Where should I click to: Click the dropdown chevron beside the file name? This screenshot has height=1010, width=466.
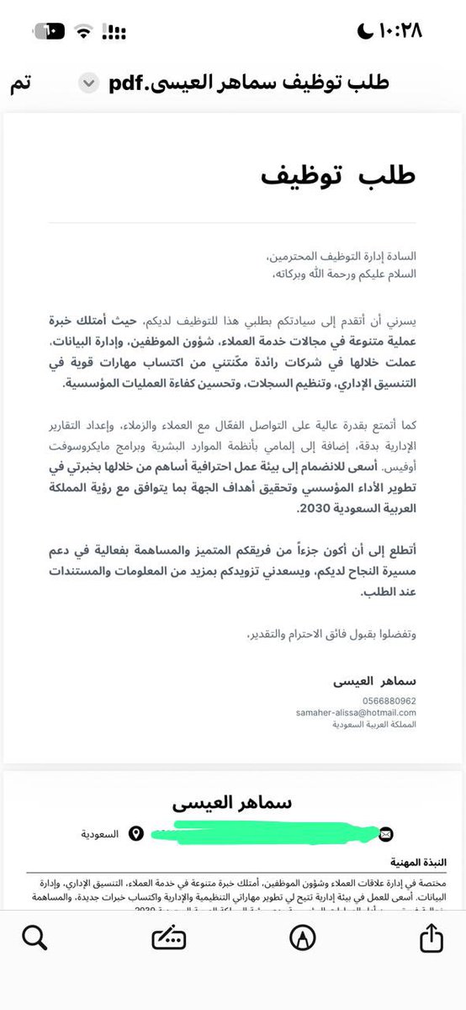[87, 83]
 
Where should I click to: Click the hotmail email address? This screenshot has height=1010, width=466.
[356, 712]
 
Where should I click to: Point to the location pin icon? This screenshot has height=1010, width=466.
[136, 833]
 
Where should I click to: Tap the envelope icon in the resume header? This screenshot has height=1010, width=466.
[386, 833]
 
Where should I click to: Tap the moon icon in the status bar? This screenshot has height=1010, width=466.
[363, 31]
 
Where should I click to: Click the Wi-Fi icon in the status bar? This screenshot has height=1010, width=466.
[82, 32]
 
